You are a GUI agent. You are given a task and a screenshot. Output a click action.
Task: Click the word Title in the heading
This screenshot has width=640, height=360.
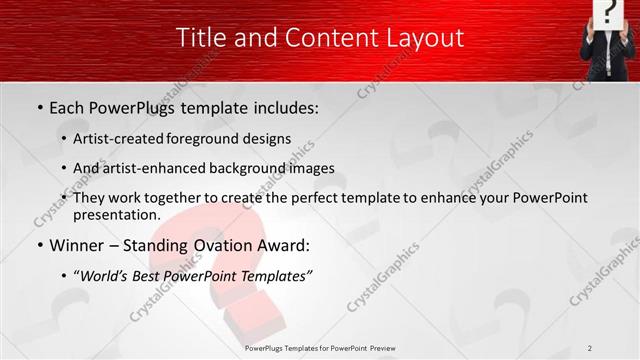[x=200, y=38]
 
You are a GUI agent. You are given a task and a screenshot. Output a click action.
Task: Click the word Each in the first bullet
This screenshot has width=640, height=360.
[x=66, y=106]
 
